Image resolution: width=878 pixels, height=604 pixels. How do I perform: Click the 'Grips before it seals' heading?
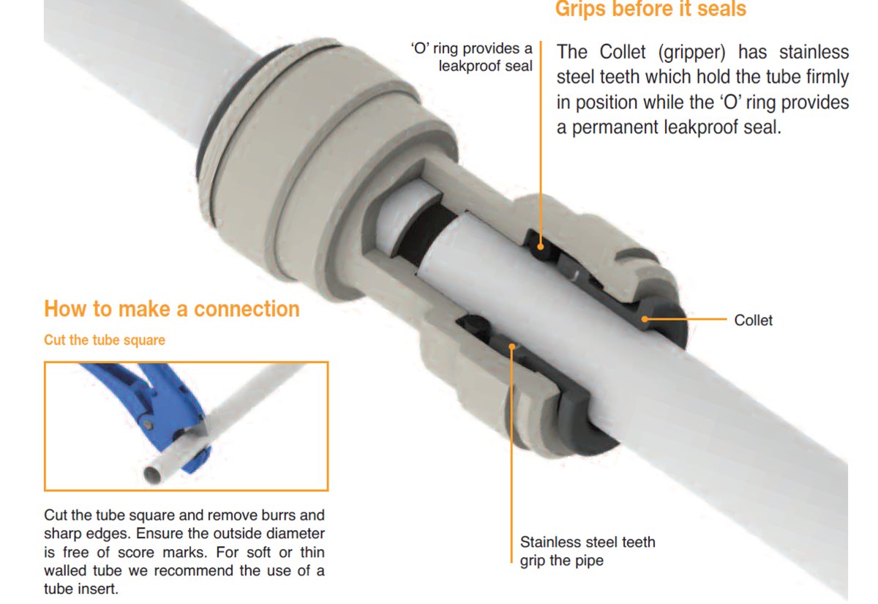(x=650, y=9)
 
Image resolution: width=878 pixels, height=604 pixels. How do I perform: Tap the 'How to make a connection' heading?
(x=172, y=309)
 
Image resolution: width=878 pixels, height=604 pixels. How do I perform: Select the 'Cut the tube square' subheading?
(x=105, y=340)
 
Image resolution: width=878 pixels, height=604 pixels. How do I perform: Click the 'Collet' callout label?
(x=753, y=321)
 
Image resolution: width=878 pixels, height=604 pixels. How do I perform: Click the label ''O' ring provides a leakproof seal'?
(x=472, y=57)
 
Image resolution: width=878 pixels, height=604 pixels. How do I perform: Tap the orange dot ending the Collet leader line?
(x=645, y=319)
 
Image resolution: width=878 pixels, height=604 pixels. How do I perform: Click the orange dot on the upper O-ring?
(x=541, y=247)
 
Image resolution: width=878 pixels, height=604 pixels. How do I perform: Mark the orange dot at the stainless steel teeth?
(x=511, y=346)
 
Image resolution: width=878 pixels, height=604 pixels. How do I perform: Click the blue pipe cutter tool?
(x=157, y=408)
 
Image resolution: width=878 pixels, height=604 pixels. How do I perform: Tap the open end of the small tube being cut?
(x=152, y=474)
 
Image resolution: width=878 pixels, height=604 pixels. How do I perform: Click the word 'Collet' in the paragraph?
(x=623, y=52)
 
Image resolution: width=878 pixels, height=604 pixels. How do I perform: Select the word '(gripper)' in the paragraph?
(x=692, y=53)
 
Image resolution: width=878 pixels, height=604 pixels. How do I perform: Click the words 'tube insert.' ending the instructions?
(x=81, y=589)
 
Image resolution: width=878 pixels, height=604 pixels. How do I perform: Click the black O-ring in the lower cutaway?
(x=473, y=325)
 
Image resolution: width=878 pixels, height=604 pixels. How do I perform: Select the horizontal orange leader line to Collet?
(x=686, y=319)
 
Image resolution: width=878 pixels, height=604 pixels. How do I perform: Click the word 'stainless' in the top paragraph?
(x=814, y=52)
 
